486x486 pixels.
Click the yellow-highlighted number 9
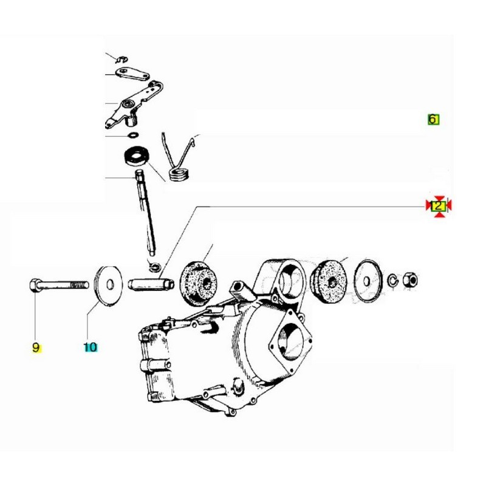[36, 347]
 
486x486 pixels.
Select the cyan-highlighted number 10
[90, 347]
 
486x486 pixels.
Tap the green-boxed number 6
[433, 119]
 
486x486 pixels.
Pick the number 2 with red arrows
[438, 206]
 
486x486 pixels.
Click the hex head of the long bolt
[34, 285]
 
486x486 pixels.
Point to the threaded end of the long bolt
[80, 284]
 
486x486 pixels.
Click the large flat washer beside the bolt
[109, 285]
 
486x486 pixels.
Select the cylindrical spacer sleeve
[151, 284]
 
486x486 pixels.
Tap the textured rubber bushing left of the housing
[199, 284]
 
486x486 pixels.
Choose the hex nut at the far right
[409, 281]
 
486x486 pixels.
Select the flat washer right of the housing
[367, 281]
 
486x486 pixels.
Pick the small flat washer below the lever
[133, 135]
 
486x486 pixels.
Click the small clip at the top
[122, 59]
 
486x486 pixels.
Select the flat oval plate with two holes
[132, 74]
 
